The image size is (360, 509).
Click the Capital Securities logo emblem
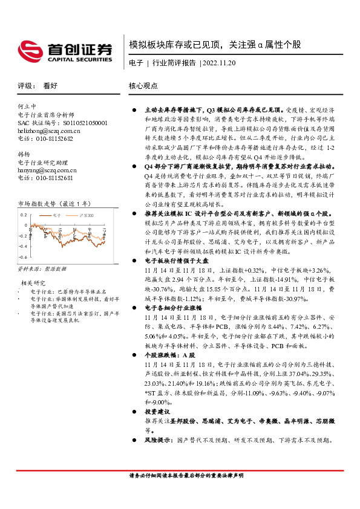click(28, 49)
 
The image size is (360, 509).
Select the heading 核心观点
click(143, 86)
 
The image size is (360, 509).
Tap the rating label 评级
click(26, 86)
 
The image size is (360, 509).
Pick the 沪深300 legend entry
click(86, 215)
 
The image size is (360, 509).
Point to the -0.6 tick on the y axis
click(24, 246)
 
